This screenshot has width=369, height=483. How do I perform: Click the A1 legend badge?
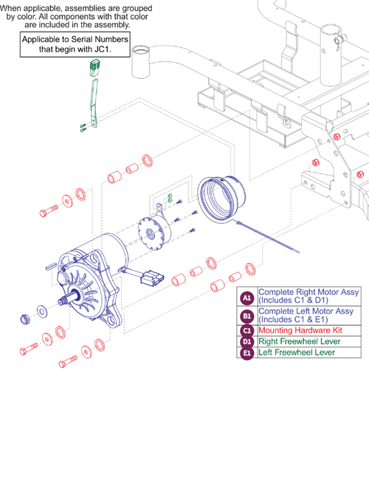(x=248, y=296)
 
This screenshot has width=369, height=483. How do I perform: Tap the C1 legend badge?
(x=248, y=331)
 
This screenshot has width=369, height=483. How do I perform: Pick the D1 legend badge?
(x=248, y=342)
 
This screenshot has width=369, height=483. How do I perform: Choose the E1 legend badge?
(x=248, y=352)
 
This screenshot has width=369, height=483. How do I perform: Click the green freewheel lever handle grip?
(x=93, y=69)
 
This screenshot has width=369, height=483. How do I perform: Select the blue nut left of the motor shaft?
(x=24, y=318)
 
